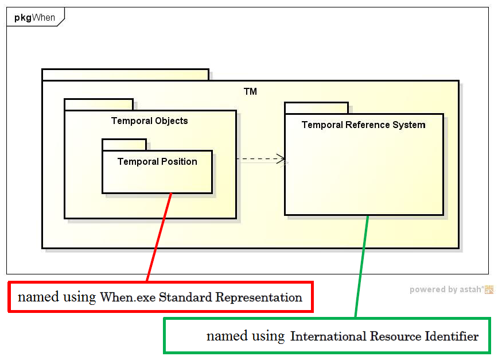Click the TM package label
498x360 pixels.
(x=250, y=91)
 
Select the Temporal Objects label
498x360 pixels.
(x=149, y=121)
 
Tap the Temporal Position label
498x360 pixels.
(x=157, y=161)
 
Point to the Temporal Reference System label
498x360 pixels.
(x=363, y=125)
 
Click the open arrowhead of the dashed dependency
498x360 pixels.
(x=281, y=159)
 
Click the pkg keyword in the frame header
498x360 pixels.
(x=22, y=17)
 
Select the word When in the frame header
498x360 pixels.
(x=44, y=17)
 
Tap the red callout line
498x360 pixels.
(x=159, y=237)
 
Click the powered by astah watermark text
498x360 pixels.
(x=446, y=290)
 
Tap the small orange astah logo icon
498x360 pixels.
(x=489, y=290)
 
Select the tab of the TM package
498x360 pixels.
(x=125, y=75)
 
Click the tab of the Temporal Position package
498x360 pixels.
(x=124, y=145)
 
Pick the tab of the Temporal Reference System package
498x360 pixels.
(x=316, y=108)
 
